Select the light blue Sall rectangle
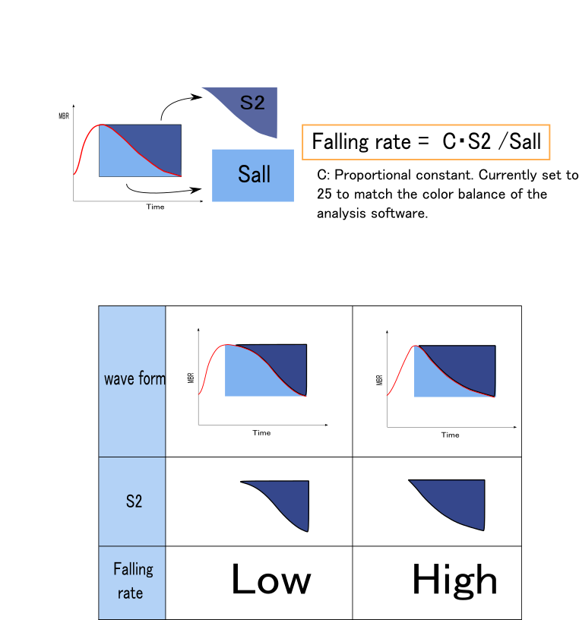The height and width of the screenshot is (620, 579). tap(253, 175)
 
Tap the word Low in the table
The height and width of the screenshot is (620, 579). tap(271, 581)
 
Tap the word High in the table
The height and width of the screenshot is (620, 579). tap(454, 581)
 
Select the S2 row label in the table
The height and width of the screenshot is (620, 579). tap(134, 501)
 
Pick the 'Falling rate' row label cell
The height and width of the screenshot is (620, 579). tap(133, 580)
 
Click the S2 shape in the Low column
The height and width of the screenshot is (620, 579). tap(286, 501)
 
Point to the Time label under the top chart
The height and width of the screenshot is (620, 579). tap(155, 207)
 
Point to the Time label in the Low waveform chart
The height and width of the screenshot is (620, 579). tap(261, 433)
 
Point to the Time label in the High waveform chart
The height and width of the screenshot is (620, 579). tap(451, 435)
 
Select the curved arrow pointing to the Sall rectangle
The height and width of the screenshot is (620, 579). tap(163, 190)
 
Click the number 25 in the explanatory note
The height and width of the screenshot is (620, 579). tap(324, 194)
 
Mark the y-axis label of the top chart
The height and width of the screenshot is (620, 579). tap(64, 116)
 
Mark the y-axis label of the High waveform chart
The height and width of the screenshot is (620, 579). tap(379, 379)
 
